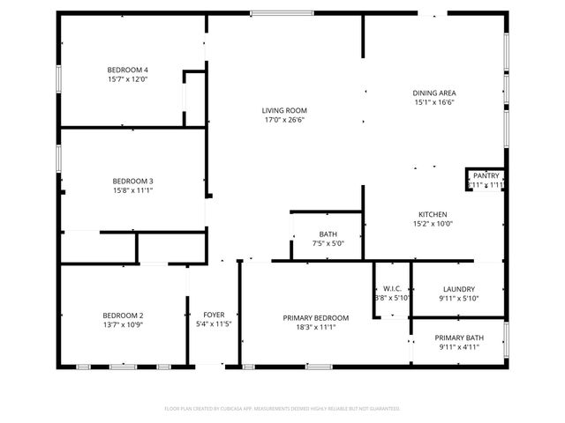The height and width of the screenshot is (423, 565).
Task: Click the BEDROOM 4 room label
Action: (128, 70)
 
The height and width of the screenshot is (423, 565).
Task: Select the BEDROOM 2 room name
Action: (123, 315)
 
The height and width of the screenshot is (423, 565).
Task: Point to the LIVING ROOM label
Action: (284, 110)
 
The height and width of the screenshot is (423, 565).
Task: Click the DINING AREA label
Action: (433, 93)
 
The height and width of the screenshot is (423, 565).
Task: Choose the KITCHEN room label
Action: (433, 214)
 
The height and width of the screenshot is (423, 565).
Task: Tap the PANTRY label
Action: (486, 176)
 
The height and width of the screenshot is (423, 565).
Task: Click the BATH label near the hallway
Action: (328, 234)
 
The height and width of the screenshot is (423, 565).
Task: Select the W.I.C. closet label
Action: (392, 289)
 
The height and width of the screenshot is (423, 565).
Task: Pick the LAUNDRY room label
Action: (459, 289)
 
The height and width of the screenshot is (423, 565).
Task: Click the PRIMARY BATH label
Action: (458, 338)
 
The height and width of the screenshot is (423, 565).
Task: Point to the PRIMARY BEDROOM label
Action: (315, 318)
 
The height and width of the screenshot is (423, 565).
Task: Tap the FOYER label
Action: (214, 315)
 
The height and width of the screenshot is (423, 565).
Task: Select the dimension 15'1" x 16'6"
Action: (433, 102)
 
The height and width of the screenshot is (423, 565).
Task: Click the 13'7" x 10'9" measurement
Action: (123, 324)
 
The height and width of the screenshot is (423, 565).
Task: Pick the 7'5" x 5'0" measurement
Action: (328, 243)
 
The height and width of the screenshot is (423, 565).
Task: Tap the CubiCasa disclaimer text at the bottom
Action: (282, 409)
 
